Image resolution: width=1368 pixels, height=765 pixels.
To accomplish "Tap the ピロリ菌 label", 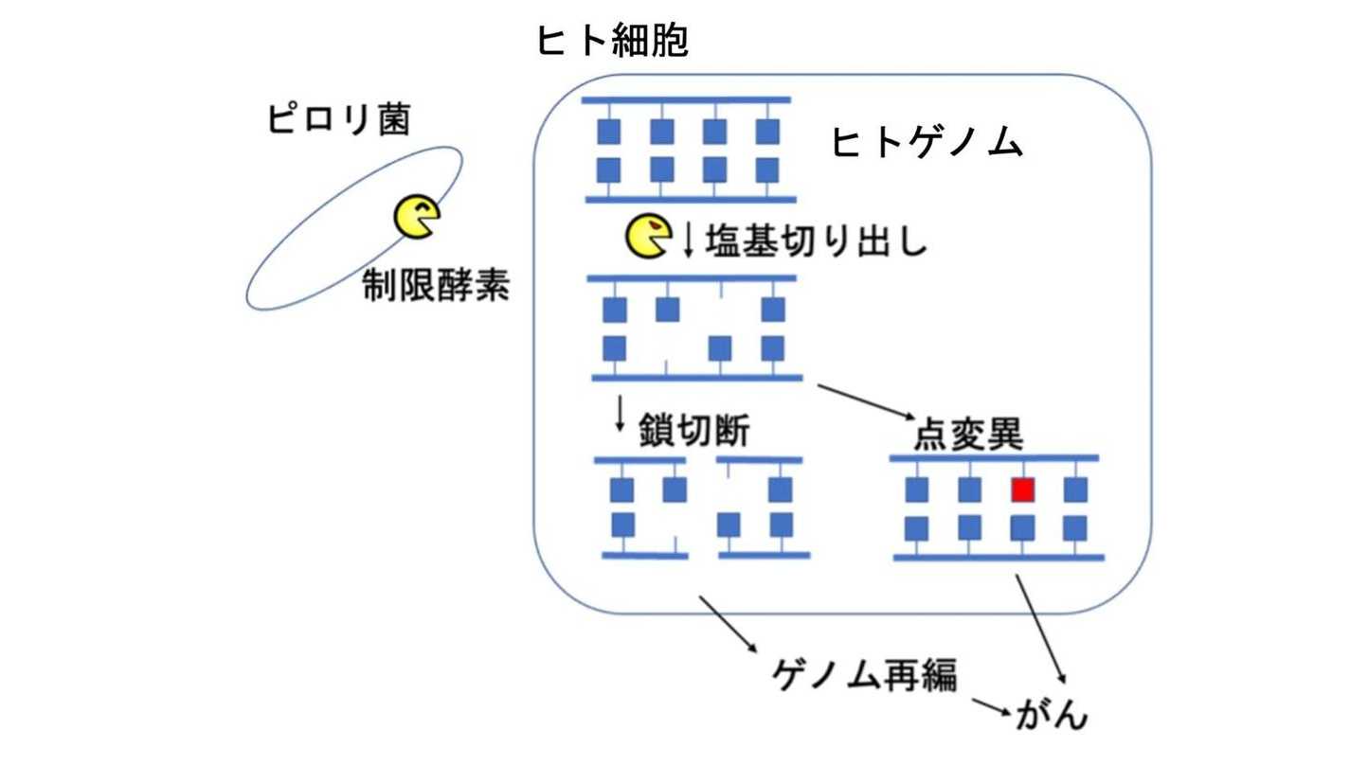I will point(338,121).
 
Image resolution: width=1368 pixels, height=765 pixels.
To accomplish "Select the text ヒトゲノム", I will point(927,144).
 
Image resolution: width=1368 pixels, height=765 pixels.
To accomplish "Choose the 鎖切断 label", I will point(694,432).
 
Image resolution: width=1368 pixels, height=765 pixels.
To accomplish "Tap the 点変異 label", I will point(967,436).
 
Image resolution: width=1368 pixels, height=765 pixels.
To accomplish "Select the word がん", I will point(1052,714).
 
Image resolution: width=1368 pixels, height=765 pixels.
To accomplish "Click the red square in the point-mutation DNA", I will point(1022,489).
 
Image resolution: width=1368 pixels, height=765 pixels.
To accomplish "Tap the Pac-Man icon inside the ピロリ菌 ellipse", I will point(416,217).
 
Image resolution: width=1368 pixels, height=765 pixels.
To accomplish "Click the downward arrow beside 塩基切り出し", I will point(689,241).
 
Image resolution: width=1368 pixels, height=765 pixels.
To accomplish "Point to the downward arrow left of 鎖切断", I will point(621,415).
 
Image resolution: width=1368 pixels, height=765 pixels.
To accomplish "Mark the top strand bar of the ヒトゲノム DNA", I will point(686,99).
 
